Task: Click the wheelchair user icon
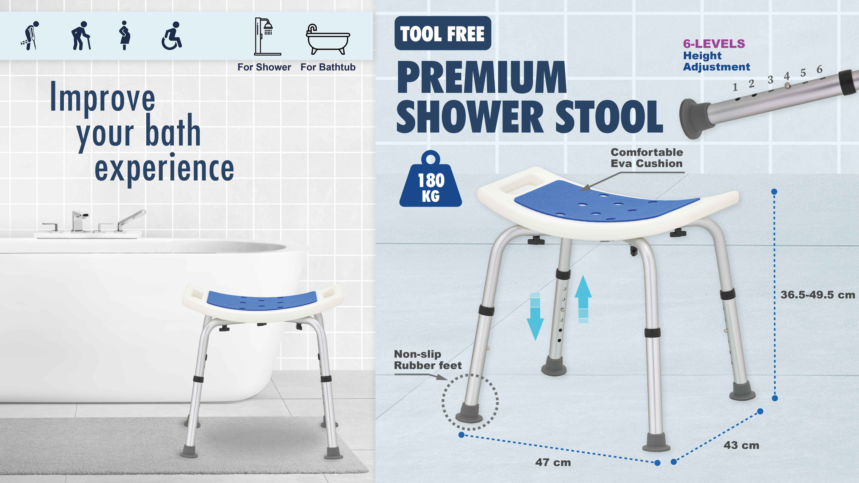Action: (x=172, y=36)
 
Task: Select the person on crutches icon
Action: (x=30, y=36)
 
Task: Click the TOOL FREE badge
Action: (x=442, y=33)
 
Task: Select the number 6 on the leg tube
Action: (x=819, y=69)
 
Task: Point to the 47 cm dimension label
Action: (x=553, y=462)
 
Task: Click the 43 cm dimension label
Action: (x=741, y=445)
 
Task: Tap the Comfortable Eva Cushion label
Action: (x=647, y=158)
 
